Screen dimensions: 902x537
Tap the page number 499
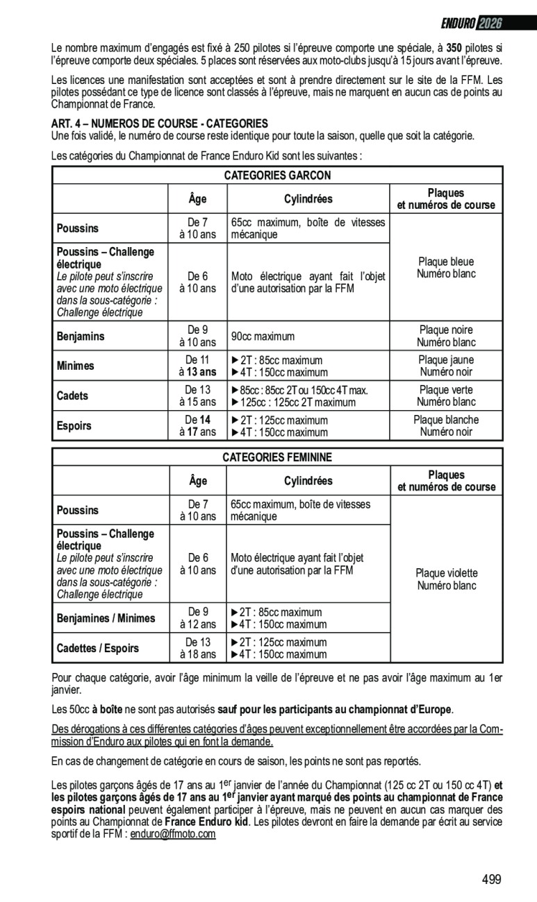(491, 880)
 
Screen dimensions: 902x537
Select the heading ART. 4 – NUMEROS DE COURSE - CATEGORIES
(160, 123)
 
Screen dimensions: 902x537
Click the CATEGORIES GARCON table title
(277, 176)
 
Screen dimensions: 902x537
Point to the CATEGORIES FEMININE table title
(277, 457)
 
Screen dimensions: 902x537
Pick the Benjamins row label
(81, 337)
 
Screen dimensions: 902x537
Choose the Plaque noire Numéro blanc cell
(445, 337)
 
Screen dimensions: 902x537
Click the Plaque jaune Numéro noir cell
(445, 366)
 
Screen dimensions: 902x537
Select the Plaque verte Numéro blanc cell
(445, 396)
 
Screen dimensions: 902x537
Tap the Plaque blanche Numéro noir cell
(445, 426)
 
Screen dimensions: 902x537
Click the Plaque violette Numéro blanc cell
(447, 579)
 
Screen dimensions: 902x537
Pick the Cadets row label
(72, 396)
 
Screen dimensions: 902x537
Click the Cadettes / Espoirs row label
(97, 649)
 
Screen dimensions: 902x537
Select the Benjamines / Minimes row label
(106, 618)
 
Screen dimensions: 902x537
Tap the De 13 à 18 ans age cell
(198, 649)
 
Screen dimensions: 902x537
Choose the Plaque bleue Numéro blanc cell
(445, 268)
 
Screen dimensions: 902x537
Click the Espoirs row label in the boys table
(74, 426)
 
